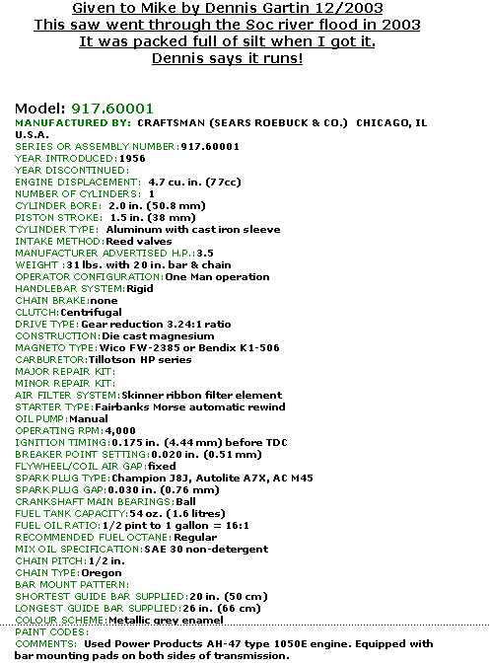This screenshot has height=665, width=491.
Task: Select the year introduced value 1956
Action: (131, 157)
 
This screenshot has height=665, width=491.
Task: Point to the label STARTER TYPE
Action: (53, 406)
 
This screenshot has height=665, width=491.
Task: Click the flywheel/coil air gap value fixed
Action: (163, 466)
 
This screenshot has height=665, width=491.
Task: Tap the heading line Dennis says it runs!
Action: (228, 57)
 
